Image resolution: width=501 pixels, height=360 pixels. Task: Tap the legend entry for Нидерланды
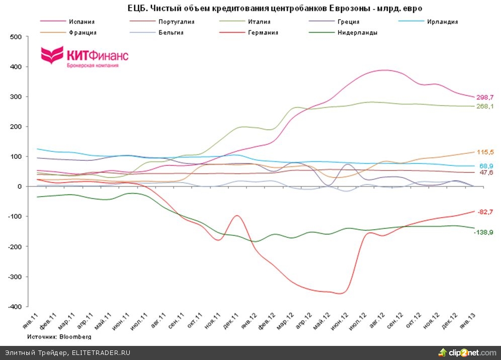tap(358, 33)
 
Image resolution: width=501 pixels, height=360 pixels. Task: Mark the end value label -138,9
tap(484, 232)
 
